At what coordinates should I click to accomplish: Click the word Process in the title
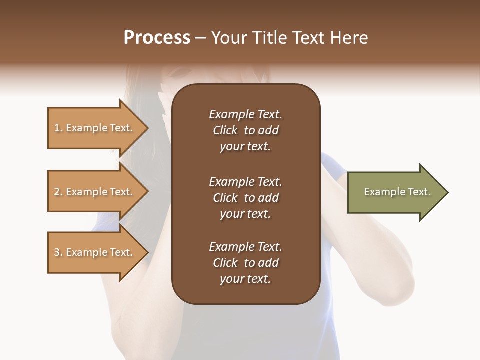click(157, 38)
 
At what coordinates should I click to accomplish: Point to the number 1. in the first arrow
click(58, 128)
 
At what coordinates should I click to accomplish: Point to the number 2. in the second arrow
click(58, 192)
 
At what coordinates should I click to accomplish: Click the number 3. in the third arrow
click(58, 252)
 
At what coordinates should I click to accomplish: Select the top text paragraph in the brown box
click(245, 130)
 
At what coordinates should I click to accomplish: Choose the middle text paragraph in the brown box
click(245, 198)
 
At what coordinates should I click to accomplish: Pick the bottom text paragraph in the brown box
click(245, 263)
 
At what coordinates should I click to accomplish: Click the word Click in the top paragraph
click(225, 130)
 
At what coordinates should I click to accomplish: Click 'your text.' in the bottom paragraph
click(245, 279)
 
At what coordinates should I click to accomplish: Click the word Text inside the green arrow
click(419, 192)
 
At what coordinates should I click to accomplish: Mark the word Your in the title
click(229, 38)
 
